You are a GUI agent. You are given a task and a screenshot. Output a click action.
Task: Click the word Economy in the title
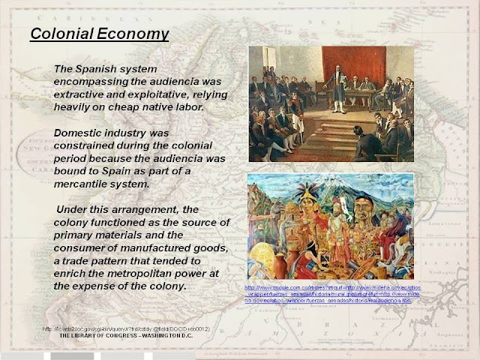click(x=132, y=34)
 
